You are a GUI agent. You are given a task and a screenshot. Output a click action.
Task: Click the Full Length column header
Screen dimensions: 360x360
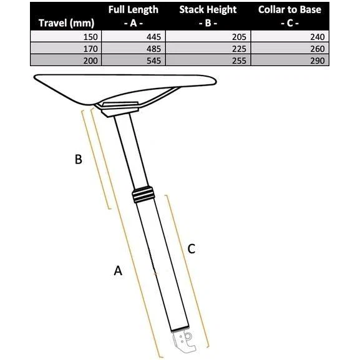133,16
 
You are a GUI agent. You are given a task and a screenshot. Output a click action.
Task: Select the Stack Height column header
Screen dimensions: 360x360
208,16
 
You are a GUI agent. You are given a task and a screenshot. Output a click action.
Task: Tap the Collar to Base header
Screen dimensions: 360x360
289,16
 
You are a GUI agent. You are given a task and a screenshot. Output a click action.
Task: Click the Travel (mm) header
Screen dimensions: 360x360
66,23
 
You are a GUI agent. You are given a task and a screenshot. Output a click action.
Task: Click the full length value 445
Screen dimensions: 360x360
153,37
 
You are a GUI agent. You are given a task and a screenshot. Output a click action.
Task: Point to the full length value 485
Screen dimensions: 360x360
153,49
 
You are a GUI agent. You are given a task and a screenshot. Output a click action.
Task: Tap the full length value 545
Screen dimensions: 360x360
153,61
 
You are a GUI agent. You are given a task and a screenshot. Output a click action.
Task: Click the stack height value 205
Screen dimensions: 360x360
239,37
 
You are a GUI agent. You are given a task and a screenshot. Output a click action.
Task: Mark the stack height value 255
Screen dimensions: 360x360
239,61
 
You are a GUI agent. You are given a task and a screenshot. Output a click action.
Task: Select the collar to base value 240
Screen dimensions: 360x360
318,37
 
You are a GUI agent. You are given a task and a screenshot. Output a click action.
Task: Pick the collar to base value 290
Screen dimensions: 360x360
318,61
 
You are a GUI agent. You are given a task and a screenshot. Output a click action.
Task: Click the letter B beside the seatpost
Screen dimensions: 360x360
78,159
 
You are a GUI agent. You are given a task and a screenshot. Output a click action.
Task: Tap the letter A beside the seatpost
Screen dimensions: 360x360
118,270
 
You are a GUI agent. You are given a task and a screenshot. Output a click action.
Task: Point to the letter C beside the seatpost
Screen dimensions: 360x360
192,249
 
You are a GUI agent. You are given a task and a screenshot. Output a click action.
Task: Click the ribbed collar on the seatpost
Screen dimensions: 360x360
143,195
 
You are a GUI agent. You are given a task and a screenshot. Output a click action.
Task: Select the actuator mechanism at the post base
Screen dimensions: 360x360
184,340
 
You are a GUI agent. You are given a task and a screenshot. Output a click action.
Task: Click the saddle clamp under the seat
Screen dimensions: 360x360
119,109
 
